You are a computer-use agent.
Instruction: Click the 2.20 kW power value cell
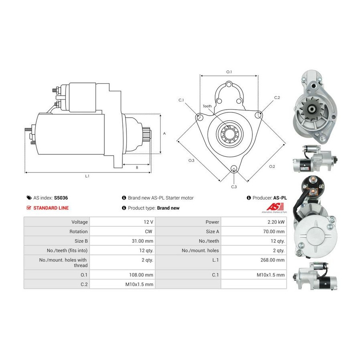tap(276, 222)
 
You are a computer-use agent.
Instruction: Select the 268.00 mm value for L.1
tap(272, 260)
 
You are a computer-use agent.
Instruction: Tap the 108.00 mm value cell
tap(141, 275)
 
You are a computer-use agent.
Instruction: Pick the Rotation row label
tap(78, 232)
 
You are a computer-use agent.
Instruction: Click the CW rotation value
tap(148, 232)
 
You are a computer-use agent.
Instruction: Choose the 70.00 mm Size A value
tap(274, 232)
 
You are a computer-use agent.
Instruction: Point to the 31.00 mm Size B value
tap(142, 241)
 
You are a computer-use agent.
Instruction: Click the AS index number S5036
tap(61, 198)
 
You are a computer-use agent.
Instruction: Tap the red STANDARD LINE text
tap(51, 208)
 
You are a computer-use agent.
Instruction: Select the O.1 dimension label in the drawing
tap(229, 72)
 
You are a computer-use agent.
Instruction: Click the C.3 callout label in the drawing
tap(234, 187)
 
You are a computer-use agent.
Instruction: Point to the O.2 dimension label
tap(272, 166)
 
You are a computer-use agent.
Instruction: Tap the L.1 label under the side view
tap(87, 176)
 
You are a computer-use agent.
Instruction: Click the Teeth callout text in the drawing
tap(207, 106)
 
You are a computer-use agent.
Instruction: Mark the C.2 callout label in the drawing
tap(277, 98)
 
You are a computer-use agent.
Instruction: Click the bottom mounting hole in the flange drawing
tap(234, 168)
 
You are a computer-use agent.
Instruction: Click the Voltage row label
tap(80, 222)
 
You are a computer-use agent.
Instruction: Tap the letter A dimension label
tap(164, 133)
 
